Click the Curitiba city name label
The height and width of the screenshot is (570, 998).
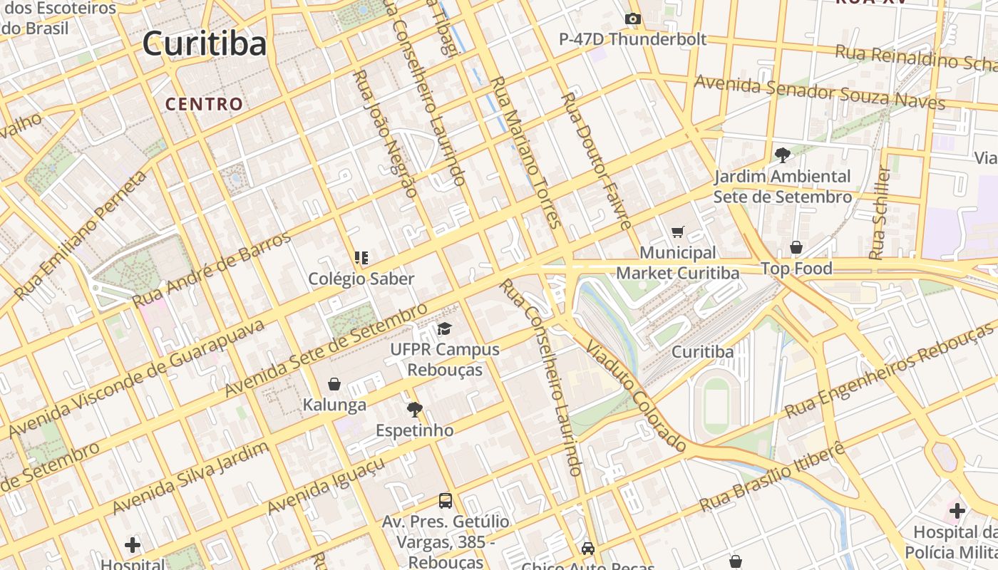coord(205,43)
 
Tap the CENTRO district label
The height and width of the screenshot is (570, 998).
coord(205,104)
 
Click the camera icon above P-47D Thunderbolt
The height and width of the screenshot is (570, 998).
coord(632,19)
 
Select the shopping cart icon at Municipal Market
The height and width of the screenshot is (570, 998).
coord(677,232)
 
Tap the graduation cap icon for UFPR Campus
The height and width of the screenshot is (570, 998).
coord(445,328)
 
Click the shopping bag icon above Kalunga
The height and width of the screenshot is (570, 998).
coord(334,384)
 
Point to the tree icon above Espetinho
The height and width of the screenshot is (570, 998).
coord(414,409)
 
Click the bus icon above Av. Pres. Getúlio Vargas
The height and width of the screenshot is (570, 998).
coord(446,500)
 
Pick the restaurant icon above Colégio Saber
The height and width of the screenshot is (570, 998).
coord(361,257)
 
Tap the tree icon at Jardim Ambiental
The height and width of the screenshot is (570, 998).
coord(783,155)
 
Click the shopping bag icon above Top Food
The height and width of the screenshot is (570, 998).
coord(796,247)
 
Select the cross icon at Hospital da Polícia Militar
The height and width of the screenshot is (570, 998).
coord(957,511)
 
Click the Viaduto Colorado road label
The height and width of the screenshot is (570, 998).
coord(636,395)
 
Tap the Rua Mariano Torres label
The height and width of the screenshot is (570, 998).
coord(525,151)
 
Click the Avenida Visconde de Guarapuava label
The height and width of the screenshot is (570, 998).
coord(135,378)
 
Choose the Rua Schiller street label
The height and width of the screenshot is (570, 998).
coord(881,212)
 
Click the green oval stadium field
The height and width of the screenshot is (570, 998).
coord(716,407)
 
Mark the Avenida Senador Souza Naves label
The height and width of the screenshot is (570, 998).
coord(820,92)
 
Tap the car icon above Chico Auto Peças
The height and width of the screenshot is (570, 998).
coord(587,548)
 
